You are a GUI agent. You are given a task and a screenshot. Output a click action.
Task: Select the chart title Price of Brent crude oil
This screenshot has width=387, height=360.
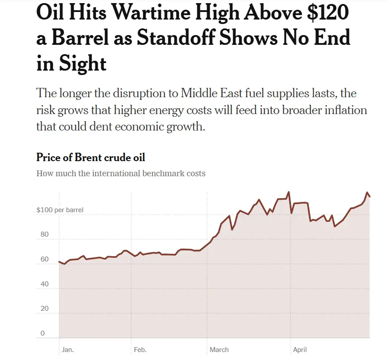(91, 158)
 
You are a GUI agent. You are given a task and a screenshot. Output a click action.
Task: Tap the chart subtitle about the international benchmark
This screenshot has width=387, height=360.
(121, 173)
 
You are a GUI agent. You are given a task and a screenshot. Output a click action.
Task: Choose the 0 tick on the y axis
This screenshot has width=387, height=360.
(43, 333)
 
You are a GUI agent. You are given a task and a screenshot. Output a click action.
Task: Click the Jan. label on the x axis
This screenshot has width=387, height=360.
(68, 350)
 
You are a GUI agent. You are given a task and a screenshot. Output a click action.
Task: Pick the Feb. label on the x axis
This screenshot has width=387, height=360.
(140, 350)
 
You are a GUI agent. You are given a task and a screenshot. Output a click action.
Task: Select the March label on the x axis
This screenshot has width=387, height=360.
(219, 350)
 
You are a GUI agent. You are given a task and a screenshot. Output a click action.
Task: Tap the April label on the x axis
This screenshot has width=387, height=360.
(300, 350)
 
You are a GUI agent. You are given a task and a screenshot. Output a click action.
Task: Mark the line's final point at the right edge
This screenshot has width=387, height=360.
(370, 197)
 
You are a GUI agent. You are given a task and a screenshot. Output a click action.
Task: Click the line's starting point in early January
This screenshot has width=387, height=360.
(60, 261)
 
